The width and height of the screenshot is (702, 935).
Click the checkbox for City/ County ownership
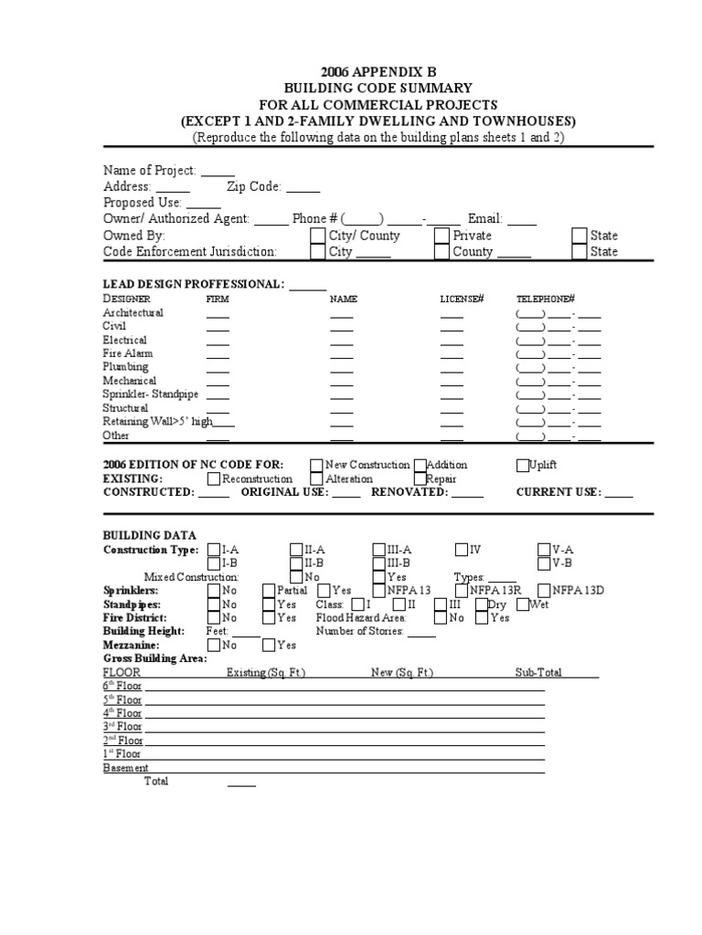(317, 236)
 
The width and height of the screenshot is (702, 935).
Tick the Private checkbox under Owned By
(441, 236)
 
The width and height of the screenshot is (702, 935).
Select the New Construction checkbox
(316, 465)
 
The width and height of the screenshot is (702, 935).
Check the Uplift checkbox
(523, 465)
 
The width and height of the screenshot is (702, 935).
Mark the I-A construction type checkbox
(214, 550)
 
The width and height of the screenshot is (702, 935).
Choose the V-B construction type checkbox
(545, 563)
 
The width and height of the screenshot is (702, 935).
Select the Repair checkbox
(420, 478)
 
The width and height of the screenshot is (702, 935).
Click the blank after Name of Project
(218, 171)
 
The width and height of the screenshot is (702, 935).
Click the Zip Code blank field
(303, 186)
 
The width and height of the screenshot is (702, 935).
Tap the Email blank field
(522, 219)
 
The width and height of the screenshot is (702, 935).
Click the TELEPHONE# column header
(545, 299)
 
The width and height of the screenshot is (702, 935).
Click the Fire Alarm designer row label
(128, 353)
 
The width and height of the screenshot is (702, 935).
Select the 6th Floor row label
(122, 686)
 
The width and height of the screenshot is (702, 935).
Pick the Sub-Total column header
(538, 673)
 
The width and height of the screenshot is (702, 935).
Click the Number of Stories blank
(421, 632)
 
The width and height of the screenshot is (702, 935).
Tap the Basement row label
(125, 768)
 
